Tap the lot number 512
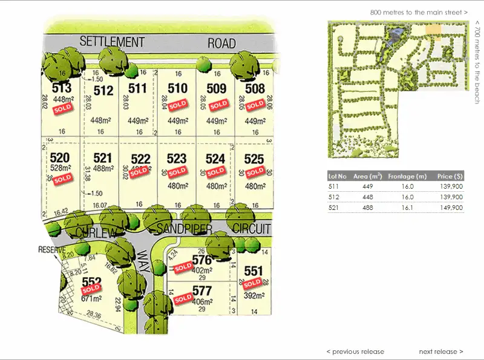(104, 91)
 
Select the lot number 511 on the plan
(138, 88)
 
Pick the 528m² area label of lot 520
(61, 168)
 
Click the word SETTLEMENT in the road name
(113, 42)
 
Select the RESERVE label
(51, 249)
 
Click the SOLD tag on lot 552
(91, 289)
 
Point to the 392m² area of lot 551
(253, 296)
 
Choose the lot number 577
(201, 290)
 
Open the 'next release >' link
(441, 352)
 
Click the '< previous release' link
(355, 352)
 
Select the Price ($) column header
(450, 177)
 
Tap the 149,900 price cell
(451, 208)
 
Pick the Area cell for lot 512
(368, 197)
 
